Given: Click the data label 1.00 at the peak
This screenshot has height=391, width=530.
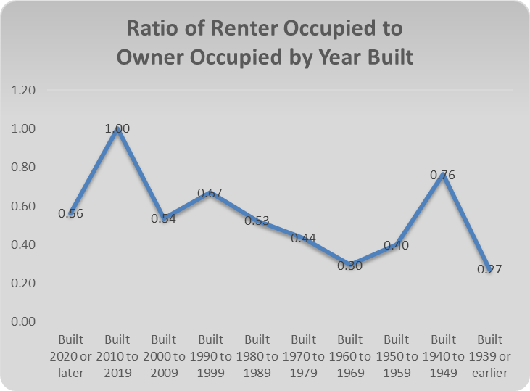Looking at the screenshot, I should (x=117, y=128).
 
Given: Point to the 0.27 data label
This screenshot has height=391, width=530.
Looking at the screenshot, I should (x=490, y=269).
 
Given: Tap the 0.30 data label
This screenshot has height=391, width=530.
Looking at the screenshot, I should (x=351, y=265).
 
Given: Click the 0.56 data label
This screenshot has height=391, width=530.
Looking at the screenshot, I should (x=71, y=213).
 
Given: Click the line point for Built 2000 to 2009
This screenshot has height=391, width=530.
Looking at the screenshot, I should (x=165, y=216).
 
